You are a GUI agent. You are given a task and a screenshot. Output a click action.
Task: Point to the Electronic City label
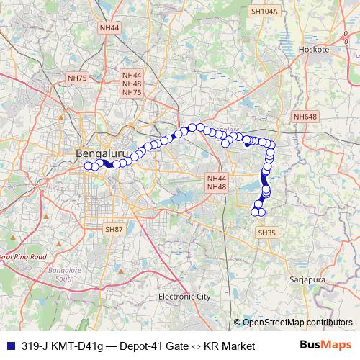coord(184,296)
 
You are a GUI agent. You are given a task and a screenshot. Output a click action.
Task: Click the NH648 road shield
coord(305,117)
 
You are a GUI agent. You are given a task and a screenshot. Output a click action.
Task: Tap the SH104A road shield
coord(264,12)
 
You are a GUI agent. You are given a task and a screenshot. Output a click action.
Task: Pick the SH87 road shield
coord(114,228)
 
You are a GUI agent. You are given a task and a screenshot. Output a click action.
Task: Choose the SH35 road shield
coord(266,233)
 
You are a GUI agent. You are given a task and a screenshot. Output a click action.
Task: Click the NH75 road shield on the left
coord(76,78)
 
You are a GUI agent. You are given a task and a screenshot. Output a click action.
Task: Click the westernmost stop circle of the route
coord(88,166)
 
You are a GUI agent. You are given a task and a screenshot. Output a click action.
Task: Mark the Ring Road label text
coord(29,256)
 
